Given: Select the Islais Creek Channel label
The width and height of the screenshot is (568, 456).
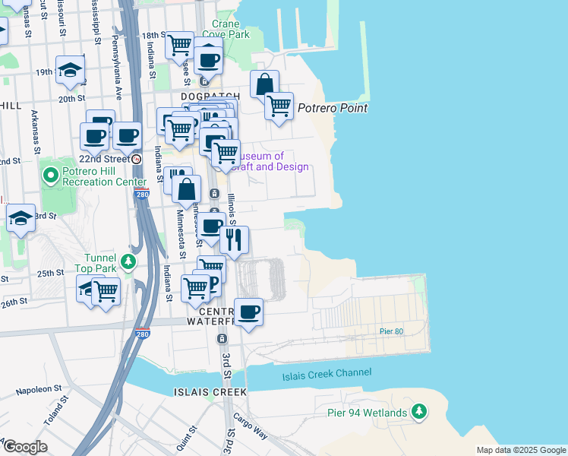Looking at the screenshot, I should coord(327,373).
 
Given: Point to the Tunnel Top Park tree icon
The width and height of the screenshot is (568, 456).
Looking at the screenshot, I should coord(129,262).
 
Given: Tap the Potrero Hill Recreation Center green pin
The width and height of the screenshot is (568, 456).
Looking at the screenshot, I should coord(51,176).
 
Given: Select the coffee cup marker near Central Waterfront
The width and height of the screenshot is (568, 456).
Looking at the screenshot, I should coord(248,311).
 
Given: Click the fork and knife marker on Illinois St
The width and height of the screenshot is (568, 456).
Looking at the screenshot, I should coord(235,239).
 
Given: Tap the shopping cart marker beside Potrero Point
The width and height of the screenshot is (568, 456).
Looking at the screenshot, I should coord(279,105).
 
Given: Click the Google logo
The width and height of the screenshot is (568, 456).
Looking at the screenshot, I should coord(24,447).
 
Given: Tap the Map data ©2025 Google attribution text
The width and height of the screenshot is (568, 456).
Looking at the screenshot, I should coord(520,450).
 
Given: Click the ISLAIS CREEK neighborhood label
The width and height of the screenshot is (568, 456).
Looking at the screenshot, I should coord(210,392).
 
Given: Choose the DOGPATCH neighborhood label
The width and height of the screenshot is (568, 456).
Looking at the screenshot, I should coord(210,97).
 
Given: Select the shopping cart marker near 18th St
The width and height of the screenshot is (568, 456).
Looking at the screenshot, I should coord(179,44).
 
